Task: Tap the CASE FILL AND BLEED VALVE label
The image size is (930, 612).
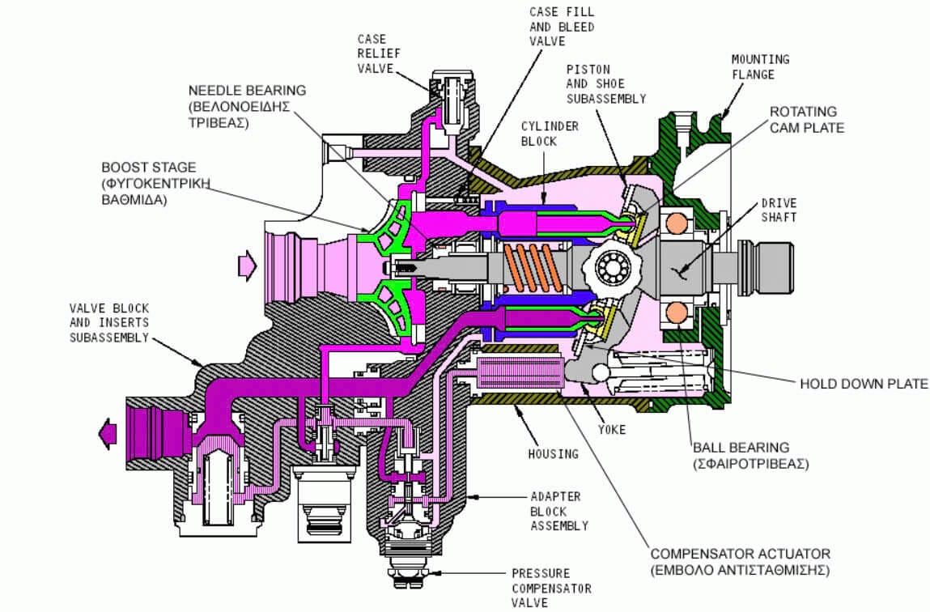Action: click(x=562, y=27)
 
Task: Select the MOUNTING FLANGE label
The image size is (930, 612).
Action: click(x=760, y=66)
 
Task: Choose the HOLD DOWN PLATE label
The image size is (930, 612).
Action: click(x=864, y=383)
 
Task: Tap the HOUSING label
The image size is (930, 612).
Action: click(x=554, y=453)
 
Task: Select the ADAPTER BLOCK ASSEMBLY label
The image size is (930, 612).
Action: click(x=558, y=510)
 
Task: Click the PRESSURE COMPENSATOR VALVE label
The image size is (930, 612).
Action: click(x=550, y=588)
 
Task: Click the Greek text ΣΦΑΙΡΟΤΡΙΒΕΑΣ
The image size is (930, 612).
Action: click(x=750, y=465)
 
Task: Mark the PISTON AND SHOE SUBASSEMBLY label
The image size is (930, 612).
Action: click(x=605, y=83)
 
